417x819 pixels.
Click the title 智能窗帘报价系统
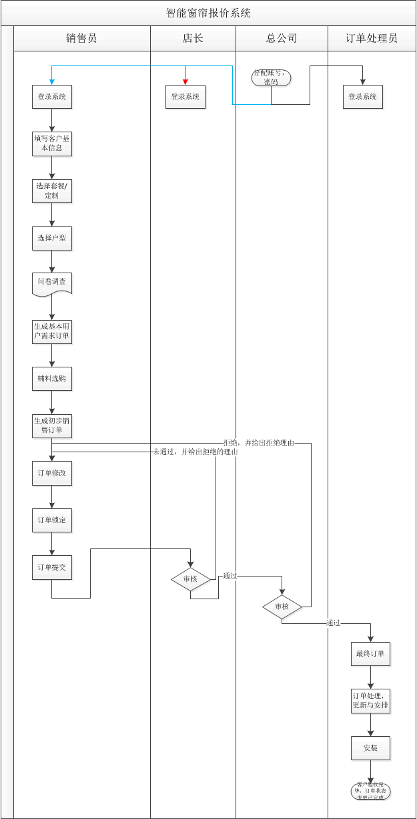click(x=208, y=13)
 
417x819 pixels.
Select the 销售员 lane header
click(x=81, y=38)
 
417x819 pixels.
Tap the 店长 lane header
click(x=193, y=38)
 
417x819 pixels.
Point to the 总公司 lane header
click(x=282, y=38)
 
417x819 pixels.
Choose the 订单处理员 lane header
click(x=372, y=38)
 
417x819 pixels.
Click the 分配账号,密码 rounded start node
click(x=271, y=77)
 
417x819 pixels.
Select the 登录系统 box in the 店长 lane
click(x=185, y=97)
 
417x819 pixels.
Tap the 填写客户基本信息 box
click(x=52, y=144)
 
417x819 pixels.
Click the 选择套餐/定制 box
click(x=52, y=191)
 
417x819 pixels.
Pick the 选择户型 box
click(x=52, y=238)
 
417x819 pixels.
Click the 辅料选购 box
click(x=52, y=379)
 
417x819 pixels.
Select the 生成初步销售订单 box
click(x=52, y=426)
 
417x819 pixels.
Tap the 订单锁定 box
click(x=52, y=520)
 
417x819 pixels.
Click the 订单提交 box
click(x=52, y=567)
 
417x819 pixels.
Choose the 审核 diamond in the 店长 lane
click(x=191, y=579)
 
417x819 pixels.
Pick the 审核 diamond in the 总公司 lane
click(x=282, y=607)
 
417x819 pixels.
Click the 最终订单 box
click(x=371, y=654)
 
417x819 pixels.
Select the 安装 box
click(x=371, y=748)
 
